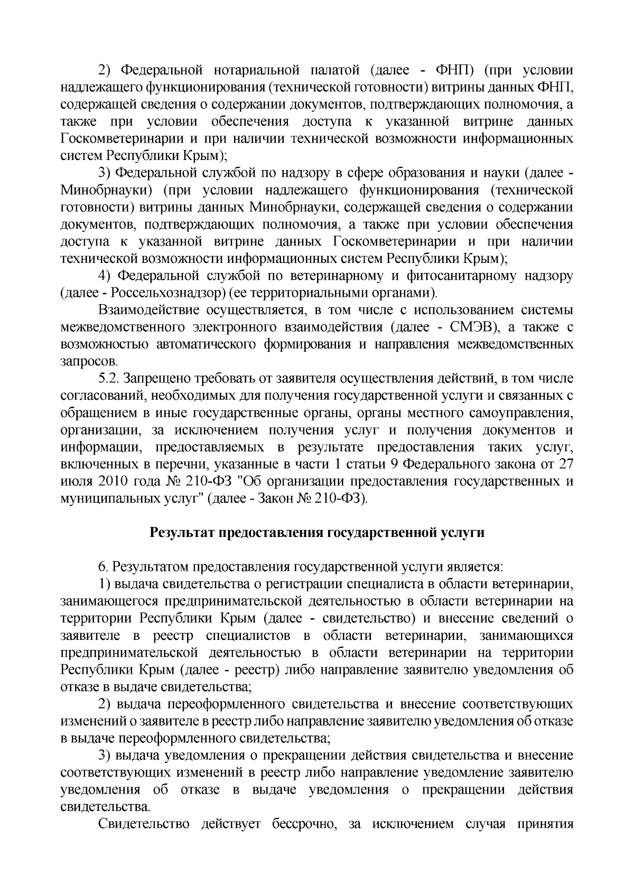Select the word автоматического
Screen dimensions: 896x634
[x=206, y=344]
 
